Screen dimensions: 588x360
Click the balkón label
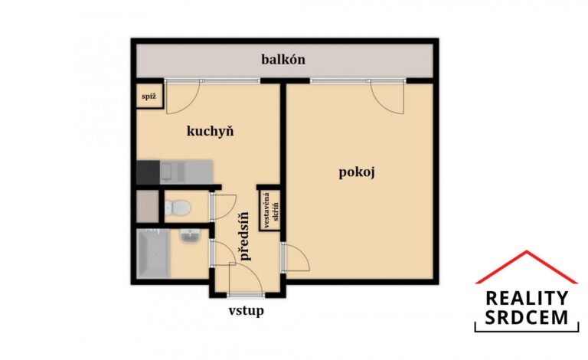point(283,60)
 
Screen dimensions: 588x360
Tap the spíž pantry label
point(149,97)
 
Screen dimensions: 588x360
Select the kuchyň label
point(210,131)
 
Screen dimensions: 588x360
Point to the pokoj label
point(357,172)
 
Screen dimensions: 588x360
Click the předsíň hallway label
point(243,236)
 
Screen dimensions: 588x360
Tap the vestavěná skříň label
point(271,211)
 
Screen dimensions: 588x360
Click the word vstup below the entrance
point(247,311)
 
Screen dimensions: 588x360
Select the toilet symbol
point(178,208)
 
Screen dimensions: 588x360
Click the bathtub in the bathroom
point(153,254)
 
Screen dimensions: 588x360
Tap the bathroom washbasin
point(190,236)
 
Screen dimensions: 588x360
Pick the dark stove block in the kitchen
point(148,172)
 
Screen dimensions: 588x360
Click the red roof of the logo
point(527,267)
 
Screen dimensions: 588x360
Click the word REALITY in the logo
point(527,299)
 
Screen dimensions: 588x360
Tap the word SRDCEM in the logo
point(527,318)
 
